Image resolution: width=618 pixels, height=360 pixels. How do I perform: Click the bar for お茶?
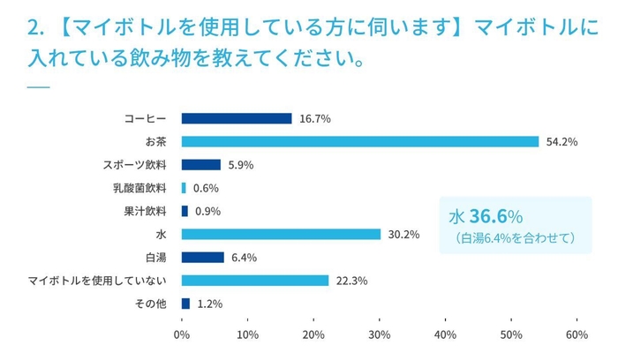tap(360, 141)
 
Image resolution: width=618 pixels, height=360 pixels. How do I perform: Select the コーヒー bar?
tap(237, 118)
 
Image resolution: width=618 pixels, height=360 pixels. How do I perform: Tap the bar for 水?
tap(281, 234)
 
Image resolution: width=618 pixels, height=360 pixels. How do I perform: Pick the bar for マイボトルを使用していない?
tap(255, 281)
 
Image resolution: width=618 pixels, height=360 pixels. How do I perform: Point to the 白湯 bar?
tap(203, 257)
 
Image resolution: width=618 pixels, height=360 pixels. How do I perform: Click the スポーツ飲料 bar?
tap(201, 164)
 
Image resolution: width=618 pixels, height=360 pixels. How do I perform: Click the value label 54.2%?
tap(561, 141)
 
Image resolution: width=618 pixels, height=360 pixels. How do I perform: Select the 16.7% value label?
tap(315, 118)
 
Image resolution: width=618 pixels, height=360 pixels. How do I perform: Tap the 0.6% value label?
tap(206, 188)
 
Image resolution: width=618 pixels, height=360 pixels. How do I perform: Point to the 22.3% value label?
tap(352, 281)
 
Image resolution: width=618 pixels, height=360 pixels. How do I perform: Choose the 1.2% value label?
tap(210, 304)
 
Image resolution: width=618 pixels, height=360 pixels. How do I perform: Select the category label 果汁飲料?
tap(148, 211)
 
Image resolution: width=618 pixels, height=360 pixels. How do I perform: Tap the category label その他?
tap(154, 304)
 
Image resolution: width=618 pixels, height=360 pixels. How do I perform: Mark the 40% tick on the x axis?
tap(445, 335)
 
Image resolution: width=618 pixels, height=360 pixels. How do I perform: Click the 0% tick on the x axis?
tap(182, 335)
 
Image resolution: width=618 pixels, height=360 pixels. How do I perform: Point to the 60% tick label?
tap(577, 335)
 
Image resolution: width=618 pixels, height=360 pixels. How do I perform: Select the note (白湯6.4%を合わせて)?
tap(516, 237)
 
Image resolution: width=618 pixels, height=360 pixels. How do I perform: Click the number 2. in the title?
tap(35, 29)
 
